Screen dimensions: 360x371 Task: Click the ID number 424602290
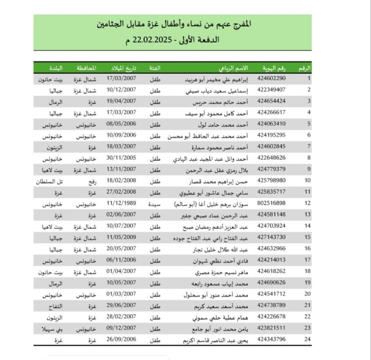tap(271, 78)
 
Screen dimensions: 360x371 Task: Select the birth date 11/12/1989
tap(121, 203)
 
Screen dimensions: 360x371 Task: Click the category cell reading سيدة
tap(155, 204)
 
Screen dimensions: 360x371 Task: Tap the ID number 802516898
tap(271, 203)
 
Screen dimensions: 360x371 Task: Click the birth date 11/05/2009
tap(121, 237)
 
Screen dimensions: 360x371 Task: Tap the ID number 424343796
tap(271, 339)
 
